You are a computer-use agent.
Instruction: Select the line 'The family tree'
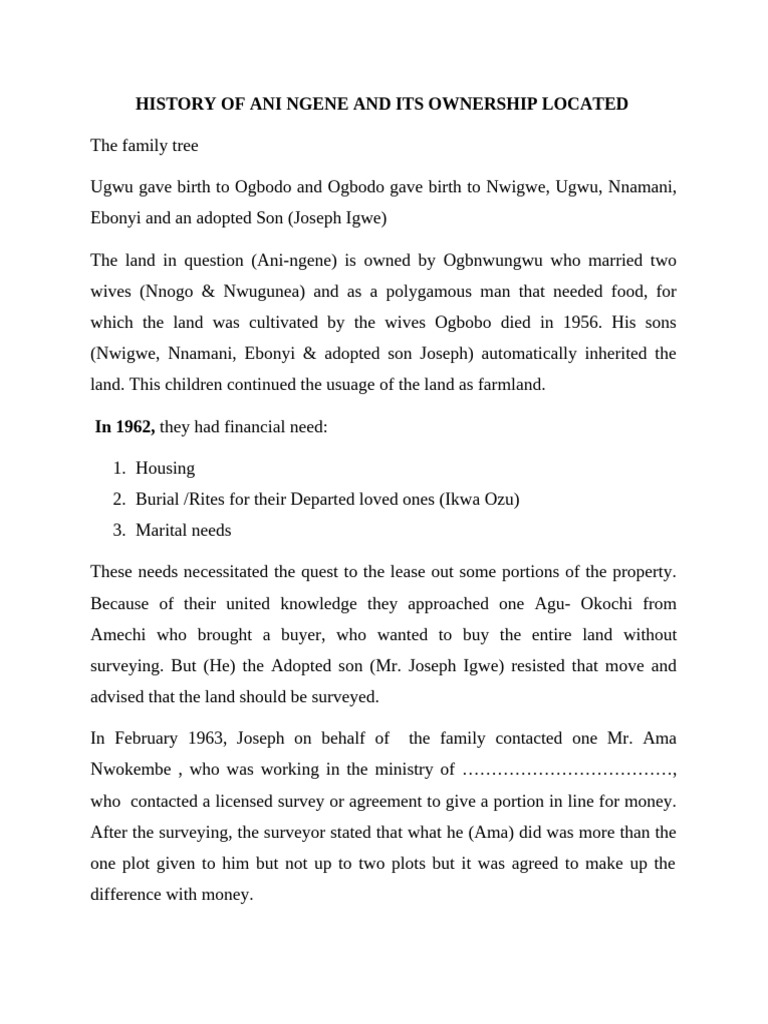coord(144,146)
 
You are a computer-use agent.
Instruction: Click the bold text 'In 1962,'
coord(125,427)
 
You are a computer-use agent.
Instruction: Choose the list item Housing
coord(165,468)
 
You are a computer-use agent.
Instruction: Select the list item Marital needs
coord(184,530)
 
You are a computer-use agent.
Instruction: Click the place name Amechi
coord(121,635)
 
